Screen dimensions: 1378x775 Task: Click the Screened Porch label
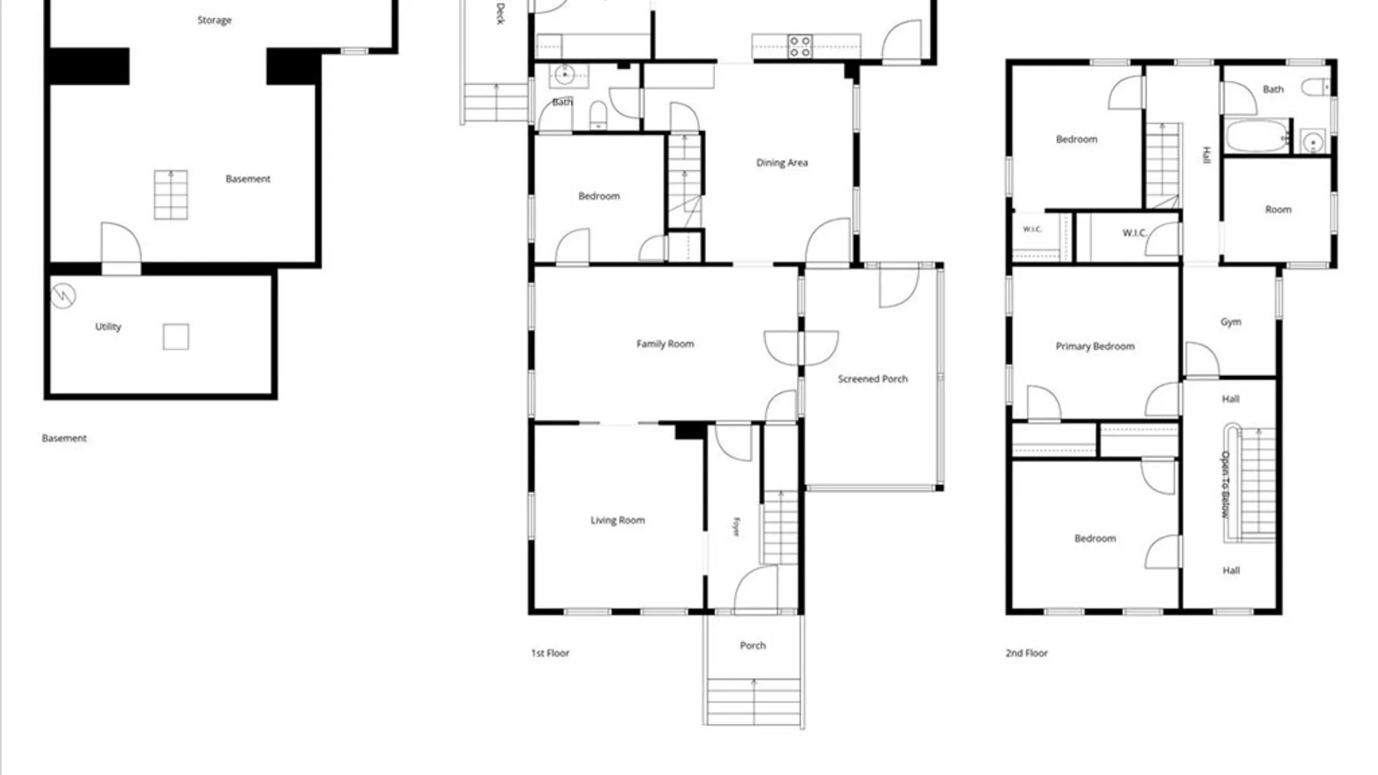pyautogui.click(x=873, y=379)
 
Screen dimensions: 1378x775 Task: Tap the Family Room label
pyautogui.click(x=665, y=344)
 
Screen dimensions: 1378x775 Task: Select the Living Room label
pyautogui.click(x=617, y=520)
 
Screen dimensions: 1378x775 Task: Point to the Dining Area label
pyautogui.click(x=782, y=163)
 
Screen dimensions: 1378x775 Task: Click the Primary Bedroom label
pyautogui.click(x=1095, y=347)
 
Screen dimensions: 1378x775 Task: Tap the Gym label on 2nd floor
pyautogui.click(x=1231, y=322)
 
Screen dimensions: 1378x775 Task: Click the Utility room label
pyautogui.click(x=108, y=327)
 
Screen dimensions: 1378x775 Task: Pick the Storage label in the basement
pyautogui.click(x=215, y=20)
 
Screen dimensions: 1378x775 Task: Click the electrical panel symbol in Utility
pyautogui.click(x=63, y=295)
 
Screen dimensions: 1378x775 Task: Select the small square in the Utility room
pyautogui.click(x=176, y=337)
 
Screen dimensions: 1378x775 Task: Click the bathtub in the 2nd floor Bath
pyautogui.click(x=1257, y=136)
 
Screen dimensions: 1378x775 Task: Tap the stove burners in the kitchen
pyautogui.click(x=800, y=46)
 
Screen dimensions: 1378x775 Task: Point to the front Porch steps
pyautogui.click(x=754, y=702)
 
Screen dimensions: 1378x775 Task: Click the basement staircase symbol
pyautogui.click(x=171, y=194)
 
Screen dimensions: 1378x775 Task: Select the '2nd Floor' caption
pyautogui.click(x=1026, y=653)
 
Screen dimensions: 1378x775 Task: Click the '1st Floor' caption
pyautogui.click(x=550, y=653)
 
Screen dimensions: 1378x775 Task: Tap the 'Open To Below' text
pyautogui.click(x=1225, y=484)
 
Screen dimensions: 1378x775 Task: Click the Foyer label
pyautogui.click(x=736, y=527)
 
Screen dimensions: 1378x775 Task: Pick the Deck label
pyautogui.click(x=500, y=14)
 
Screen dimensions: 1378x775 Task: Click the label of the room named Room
pyautogui.click(x=1278, y=210)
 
